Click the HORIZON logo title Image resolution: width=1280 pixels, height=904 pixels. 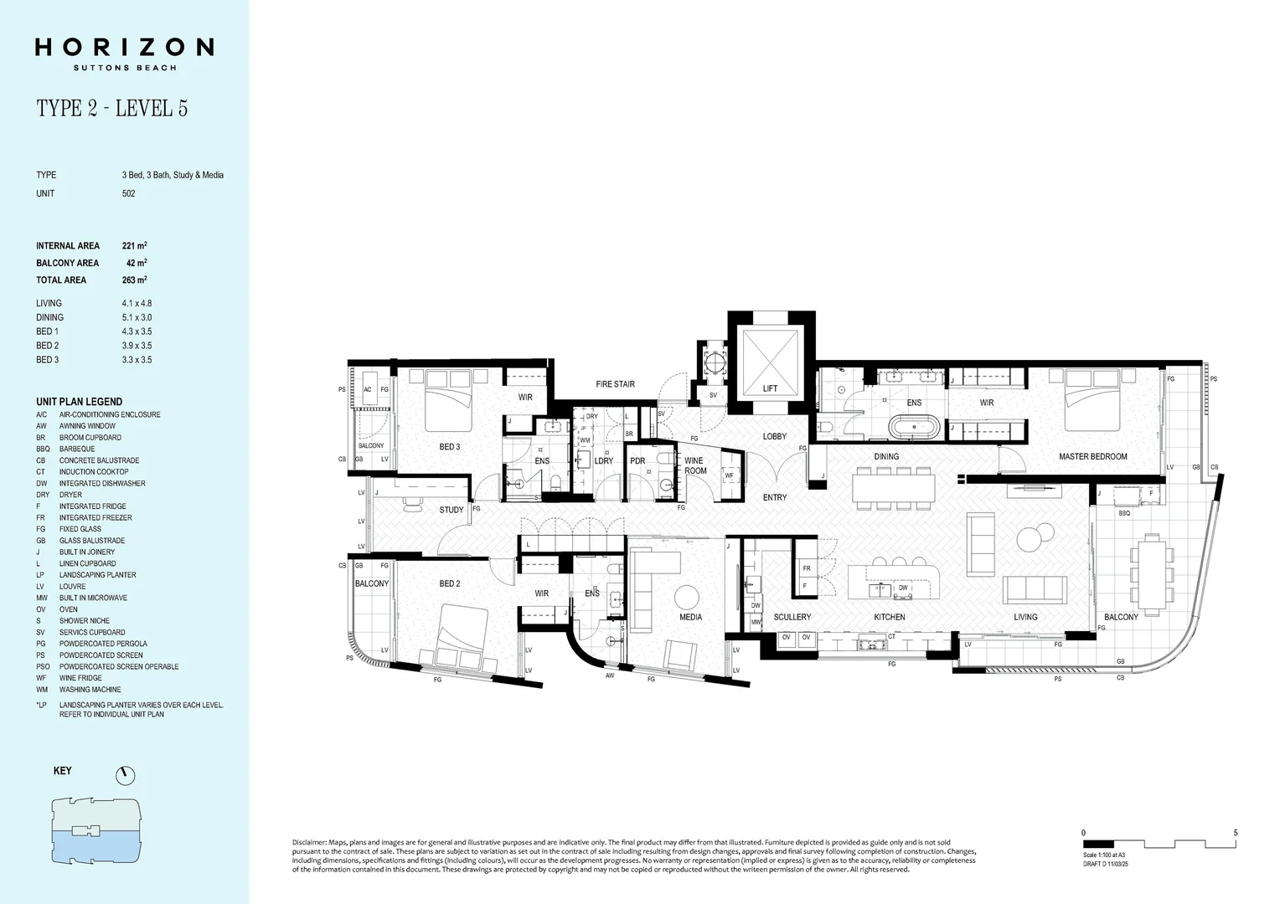[124, 47]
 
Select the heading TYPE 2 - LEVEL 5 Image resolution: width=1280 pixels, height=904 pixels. [111, 108]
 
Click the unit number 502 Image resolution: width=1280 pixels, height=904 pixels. [128, 193]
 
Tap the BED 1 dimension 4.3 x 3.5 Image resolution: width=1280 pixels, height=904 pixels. [137, 331]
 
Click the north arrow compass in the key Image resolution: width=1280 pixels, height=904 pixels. [126, 775]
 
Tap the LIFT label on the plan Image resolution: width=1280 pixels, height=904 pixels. [770, 388]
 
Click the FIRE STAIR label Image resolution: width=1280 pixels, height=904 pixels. [615, 384]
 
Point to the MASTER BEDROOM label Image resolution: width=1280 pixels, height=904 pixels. [1092, 457]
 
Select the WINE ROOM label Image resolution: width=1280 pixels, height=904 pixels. [695, 465]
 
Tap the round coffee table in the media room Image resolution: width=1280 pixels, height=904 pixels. [687, 597]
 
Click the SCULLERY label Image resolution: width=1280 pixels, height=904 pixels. [792, 617]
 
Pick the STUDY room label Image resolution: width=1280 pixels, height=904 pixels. [451, 510]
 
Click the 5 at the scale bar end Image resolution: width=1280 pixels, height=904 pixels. [1235, 833]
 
